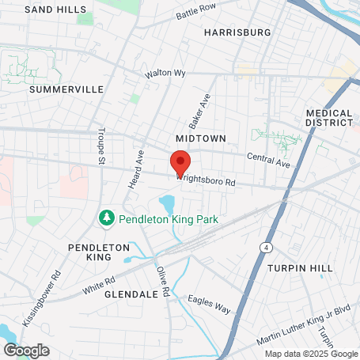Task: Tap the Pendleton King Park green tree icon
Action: point(104,217)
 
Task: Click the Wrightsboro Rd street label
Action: point(207,180)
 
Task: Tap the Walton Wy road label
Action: point(165,74)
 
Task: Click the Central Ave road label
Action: point(269,160)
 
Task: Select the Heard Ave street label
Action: point(135,169)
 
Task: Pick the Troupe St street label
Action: point(100,146)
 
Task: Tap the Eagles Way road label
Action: point(210,304)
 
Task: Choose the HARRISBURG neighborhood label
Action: point(237,32)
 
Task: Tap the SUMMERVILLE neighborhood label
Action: point(66,89)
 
